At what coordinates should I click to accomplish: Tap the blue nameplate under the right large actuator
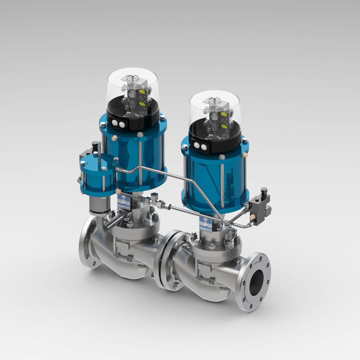pos(206,224)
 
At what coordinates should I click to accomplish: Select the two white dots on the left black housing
pos(118,124)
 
